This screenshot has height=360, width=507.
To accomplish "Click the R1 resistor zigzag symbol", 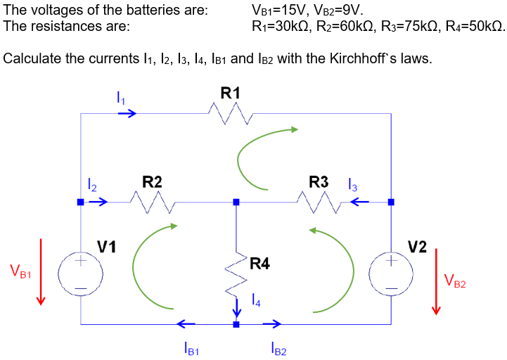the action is pos(230,113).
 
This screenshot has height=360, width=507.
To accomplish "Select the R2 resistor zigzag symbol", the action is pos(153,202).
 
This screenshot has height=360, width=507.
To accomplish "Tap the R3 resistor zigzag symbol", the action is pos(319,202).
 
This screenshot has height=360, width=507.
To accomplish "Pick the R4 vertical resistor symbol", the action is pos(236,274).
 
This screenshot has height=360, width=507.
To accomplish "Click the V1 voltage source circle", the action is pos(80,274).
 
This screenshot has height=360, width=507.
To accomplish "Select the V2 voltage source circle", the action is pos(391,274).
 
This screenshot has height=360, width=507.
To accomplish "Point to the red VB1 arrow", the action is pos(41,271).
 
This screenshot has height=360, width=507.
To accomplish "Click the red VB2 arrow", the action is pos(436,281).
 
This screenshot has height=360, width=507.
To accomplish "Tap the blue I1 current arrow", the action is pos(127,113).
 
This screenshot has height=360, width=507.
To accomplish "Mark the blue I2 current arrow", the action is pos(98,202).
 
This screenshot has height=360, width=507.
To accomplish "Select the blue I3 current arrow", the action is pos(359,202).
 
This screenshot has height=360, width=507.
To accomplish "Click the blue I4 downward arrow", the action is pos(237,308).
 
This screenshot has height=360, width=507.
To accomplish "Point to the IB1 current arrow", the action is pos(186,323).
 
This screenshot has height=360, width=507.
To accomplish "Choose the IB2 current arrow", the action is pos(272,323).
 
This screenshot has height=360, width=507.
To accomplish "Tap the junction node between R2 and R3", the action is pos(236,202).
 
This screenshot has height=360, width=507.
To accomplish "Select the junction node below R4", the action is pos(236,324).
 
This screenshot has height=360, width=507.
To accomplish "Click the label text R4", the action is pos(259,264).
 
